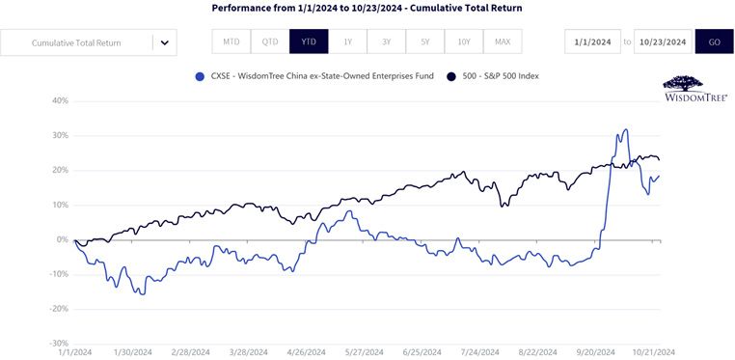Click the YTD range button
[309, 42]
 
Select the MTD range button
[231, 42]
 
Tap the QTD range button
[270, 42]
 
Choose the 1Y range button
[348, 42]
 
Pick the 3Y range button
[386, 42]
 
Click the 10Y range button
[464, 42]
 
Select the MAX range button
[503, 42]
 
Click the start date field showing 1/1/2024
[592, 42]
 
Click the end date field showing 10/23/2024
[663, 42]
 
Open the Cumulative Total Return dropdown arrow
[165, 42]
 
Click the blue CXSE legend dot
[200, 76]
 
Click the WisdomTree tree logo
[683, 84]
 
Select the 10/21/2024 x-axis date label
[655, 352]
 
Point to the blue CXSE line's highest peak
[626, 129]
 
